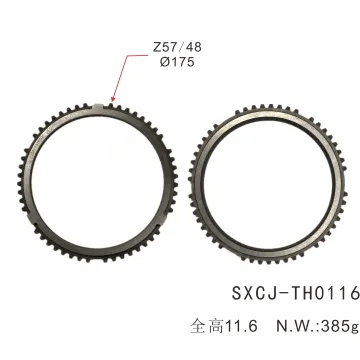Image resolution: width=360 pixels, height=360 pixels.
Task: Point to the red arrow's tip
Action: click(112, 104)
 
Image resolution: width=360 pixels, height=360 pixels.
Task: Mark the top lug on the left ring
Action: click(103, 107)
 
